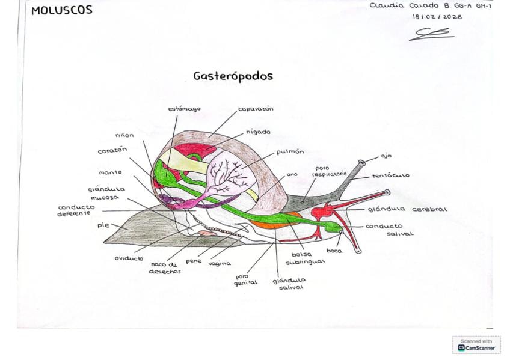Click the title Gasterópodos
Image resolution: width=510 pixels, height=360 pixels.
pos(233,76)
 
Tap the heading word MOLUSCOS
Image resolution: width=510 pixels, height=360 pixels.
pos(62,10)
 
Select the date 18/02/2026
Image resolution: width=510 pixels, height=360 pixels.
pos(437,17)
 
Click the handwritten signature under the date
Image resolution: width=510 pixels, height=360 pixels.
pos(431,34)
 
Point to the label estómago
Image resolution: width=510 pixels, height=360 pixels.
pos(184,109)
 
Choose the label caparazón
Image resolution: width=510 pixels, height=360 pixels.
pos(256,109)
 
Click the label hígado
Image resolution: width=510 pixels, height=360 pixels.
pos(258,132)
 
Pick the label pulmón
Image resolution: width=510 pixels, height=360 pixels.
pos(290,151)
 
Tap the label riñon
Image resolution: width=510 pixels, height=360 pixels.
pos(124,135)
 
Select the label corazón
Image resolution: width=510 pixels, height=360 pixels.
pos(112,151)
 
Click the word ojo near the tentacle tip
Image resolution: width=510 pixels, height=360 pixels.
pos(386,156)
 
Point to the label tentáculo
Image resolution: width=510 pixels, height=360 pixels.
pos(391,175)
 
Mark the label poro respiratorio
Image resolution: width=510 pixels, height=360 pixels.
pos(329,171)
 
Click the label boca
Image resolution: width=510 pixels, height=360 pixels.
pos(334,251)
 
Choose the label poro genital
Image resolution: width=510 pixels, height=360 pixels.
pos(245,279)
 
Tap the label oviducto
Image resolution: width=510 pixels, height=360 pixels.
pos(129,258)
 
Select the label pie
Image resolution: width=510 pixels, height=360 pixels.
pos(103,225)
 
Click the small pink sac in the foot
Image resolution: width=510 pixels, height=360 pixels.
pos(207,233)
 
